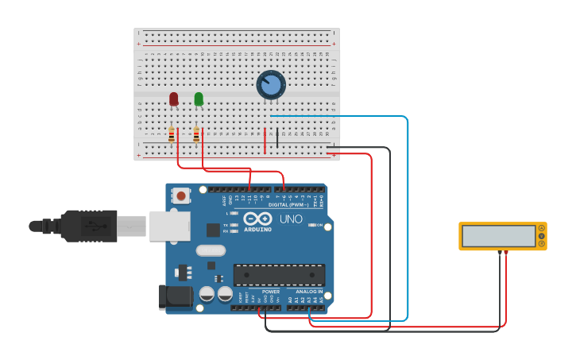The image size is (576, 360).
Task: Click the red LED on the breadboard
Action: coord(174,99)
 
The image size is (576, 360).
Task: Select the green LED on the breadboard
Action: coord(199,99)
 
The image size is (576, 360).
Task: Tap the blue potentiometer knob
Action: coord(271,84)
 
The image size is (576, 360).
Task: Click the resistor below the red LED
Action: coord(172,136)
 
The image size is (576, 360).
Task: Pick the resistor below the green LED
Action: coord(196,136)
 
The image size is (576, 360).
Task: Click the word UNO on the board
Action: coord(291,219)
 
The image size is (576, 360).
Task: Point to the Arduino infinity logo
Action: coord(258,219)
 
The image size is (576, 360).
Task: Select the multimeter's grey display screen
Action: coord(498,236)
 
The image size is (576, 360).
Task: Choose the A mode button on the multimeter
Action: coord(542,228)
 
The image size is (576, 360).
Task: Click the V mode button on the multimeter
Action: coord(542,236)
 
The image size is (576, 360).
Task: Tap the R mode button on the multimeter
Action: coord(542,244)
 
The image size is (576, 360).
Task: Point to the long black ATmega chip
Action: coord(279,275)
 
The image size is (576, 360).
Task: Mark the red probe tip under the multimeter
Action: coord(504,254)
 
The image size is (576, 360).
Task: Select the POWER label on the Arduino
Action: coord(270,292)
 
